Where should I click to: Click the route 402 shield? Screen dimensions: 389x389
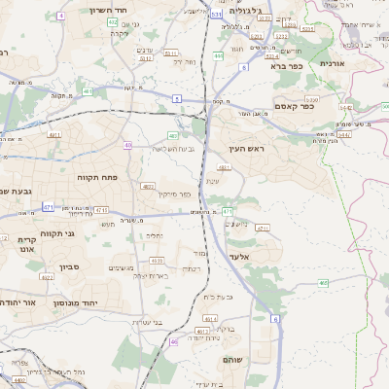pyautogui.click(x=113, y=21)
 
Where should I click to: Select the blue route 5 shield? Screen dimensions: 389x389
pyautogui.click(x=176, y=98)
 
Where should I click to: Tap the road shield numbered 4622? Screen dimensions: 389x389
pyautogui.click(x=48, y=277)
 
